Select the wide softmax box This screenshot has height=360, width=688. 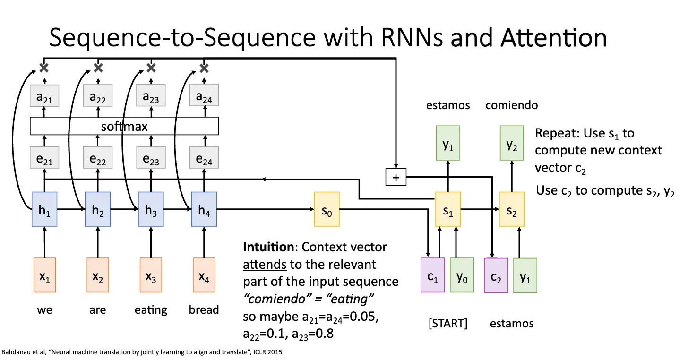(124, 126)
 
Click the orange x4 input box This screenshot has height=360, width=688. (204, 275)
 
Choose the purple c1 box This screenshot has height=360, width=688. (432, 275)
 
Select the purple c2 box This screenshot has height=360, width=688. (496, 275)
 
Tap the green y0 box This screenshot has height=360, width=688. (462, 275)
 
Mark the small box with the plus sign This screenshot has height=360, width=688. (396, 177)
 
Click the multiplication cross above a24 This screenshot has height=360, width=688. (204, 68)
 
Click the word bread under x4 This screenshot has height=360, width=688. (204, 310)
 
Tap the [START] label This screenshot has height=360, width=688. (447, 324)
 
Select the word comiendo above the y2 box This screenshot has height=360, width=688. (512, 105)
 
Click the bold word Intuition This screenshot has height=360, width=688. (268, 247)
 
